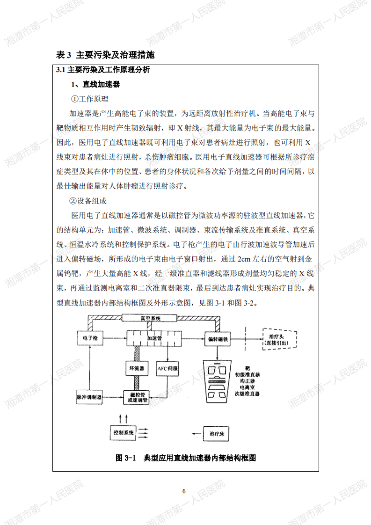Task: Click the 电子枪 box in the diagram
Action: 90,338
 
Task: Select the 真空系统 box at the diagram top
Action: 149,318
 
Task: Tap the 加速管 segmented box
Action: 154,338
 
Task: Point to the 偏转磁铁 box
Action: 218,339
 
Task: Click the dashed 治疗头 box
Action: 280,339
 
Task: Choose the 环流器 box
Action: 137,368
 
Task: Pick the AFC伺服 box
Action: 167,368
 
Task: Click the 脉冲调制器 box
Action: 89,397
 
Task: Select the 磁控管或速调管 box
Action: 137,397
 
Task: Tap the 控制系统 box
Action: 123,433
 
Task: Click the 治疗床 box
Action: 217,434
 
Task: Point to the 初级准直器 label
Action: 247,375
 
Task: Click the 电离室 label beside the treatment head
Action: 247,387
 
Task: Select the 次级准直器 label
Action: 247,394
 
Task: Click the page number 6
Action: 184,491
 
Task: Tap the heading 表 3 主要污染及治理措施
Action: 105,55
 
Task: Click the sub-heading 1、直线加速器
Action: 95,84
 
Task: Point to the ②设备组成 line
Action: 88,201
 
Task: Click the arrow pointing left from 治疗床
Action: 196,434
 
